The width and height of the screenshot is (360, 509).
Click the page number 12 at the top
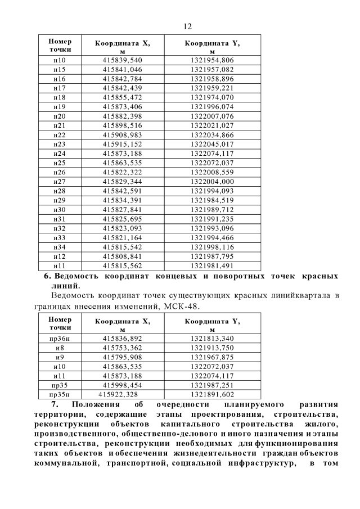(188, 26)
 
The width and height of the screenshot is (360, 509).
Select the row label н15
(59, 69)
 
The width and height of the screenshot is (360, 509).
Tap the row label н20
(59, 116)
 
